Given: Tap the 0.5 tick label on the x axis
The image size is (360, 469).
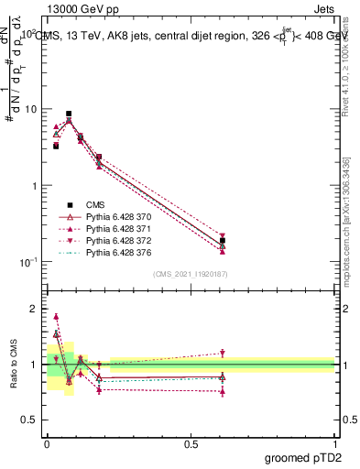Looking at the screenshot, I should (191, 442).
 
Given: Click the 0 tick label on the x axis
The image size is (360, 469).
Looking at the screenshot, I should (47, 442).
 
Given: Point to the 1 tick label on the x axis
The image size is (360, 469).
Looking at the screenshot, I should (334, 442).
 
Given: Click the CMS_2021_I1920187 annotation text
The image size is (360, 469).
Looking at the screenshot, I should (191, 274).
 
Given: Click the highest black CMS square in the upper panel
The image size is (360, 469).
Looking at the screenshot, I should (69, 114).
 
